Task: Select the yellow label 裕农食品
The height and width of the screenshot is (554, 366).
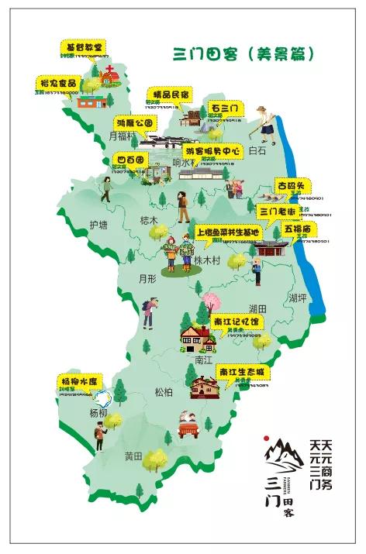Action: coord(59,81)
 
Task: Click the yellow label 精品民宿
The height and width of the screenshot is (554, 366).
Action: coord(168,95)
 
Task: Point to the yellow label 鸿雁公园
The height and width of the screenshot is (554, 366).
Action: coord(136,122)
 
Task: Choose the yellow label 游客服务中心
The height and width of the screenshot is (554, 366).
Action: coord(214,150)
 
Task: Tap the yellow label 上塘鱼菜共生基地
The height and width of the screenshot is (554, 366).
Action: coord(228,232)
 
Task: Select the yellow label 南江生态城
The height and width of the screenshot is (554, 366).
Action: coord(243,372)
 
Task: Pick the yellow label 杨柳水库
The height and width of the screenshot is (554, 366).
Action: coord(81,382)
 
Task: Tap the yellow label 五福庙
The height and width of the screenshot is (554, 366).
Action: coord(298,230)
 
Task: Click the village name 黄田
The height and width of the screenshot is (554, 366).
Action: coord(133,456)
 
